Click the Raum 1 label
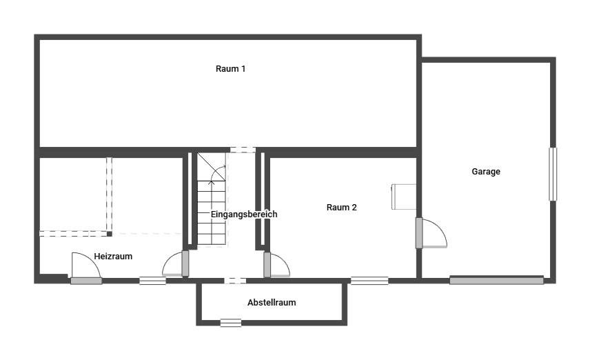coord(230,68)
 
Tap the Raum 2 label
coord(341,207)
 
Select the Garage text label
coord(486,172)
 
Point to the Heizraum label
coord(113,257)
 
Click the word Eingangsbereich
coord(244,214)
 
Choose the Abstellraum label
coord(272,302)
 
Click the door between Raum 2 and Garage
coord(431,233)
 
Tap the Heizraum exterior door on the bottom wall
coord(86,268)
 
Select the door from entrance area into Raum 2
coord(276,265)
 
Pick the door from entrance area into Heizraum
coord(176,263)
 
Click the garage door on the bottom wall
coord(496,280)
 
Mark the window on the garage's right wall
coord(552,174)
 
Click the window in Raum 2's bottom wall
coord(369,281)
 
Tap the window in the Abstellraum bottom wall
coord(231,323)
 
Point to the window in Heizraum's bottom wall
coord(152,281)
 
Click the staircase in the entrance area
coord(212,199)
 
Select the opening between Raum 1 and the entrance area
coord(243,150)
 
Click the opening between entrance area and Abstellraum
coord(235,281)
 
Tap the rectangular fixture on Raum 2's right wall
coord(404,197)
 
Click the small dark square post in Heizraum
coord(109,234)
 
